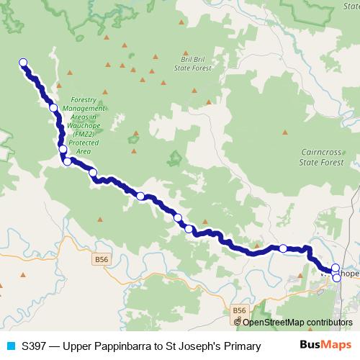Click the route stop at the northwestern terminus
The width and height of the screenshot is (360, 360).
click(x=23, y=63)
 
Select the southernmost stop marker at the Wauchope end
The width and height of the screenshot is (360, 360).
click(x=336, y=277)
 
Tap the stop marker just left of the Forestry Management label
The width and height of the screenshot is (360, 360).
click(x=53, y=108)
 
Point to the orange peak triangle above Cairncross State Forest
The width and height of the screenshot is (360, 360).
click(x=286, y=132)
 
